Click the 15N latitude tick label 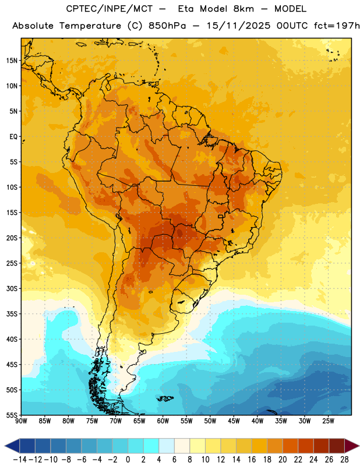tap(12, 61)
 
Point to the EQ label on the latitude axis tap(13, 137)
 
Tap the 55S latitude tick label tap(12, 415)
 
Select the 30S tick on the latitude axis tap(12, 288)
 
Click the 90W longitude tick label tap(22, 421)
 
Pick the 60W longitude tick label tap(163, 421)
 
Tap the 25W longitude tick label tap(328, 421)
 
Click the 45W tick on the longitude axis tap(234, 421)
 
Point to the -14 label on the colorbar tap(20, 460)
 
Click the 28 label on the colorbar tap(344, 460)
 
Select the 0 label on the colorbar tap(128, 460)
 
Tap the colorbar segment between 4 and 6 tap(167, 446)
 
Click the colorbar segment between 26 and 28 tap(337, 446)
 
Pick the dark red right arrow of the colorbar tap(351, 446)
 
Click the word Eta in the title tap(186, 9)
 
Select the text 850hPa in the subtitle tap(167, 26)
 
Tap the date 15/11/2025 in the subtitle tap(239, 26)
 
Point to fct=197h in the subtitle tap(337, 26)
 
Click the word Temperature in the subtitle tap(90, 26)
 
